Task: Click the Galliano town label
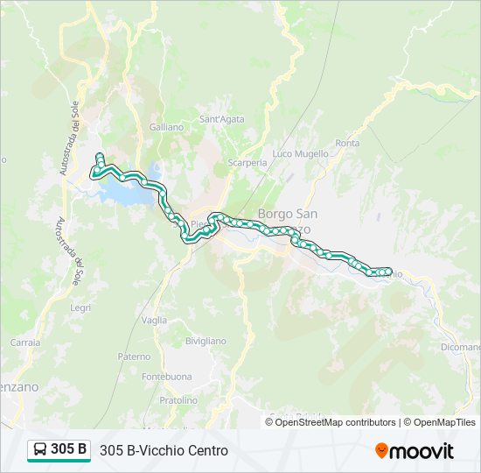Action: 166,127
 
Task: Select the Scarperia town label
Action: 247,163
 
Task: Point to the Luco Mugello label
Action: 300,153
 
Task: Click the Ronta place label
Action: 347,143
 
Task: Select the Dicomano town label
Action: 460,346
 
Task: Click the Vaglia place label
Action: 154,320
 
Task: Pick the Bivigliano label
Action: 206,341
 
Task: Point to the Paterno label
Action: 134,357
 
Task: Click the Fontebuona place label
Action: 166,377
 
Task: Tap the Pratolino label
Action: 178,399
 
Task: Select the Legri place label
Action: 80,307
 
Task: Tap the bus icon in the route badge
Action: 40,450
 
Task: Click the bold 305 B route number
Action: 69,449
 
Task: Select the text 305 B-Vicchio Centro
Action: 164,450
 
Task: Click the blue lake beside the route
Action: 122,193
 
